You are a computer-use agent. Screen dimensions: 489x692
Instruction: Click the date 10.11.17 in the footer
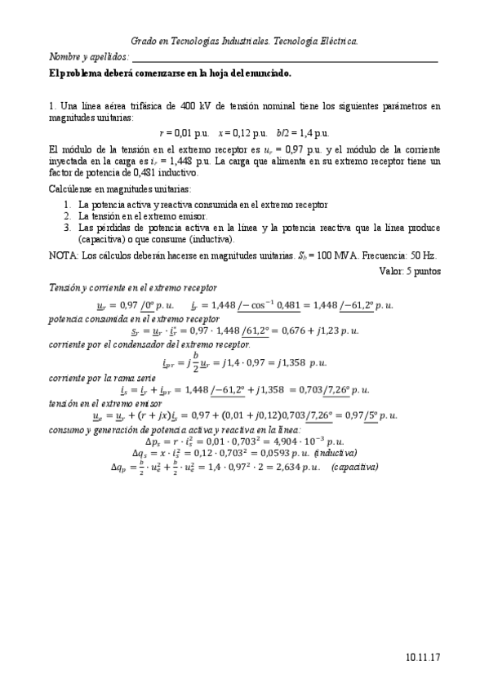point(423,655)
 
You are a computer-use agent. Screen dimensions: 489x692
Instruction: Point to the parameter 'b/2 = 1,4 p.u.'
point(302,132)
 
